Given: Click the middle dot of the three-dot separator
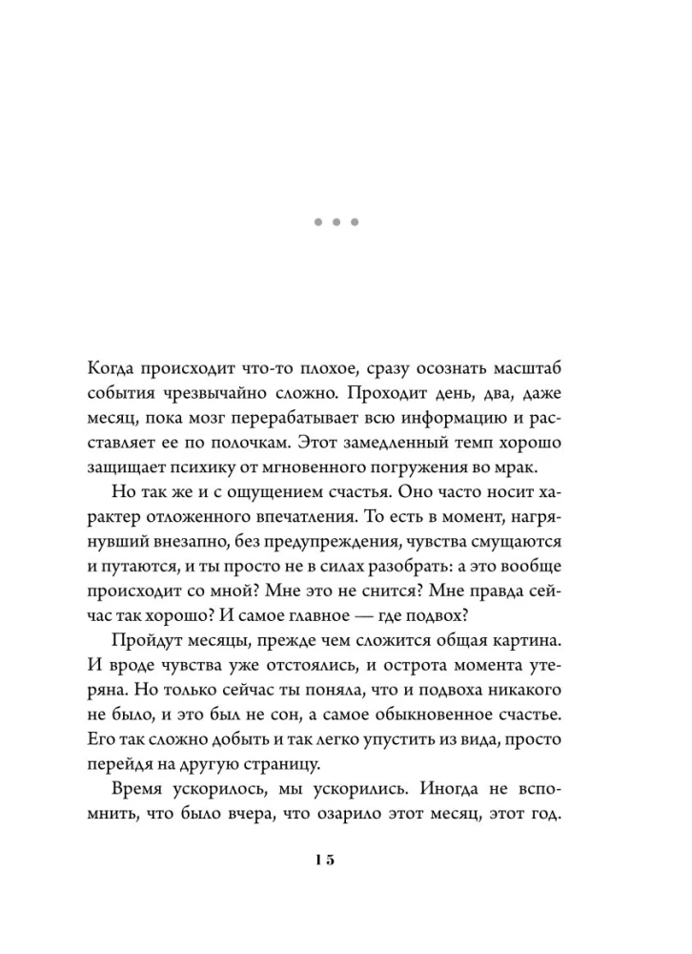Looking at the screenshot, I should pos(336,222).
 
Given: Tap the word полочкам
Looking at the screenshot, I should pos(245,444).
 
